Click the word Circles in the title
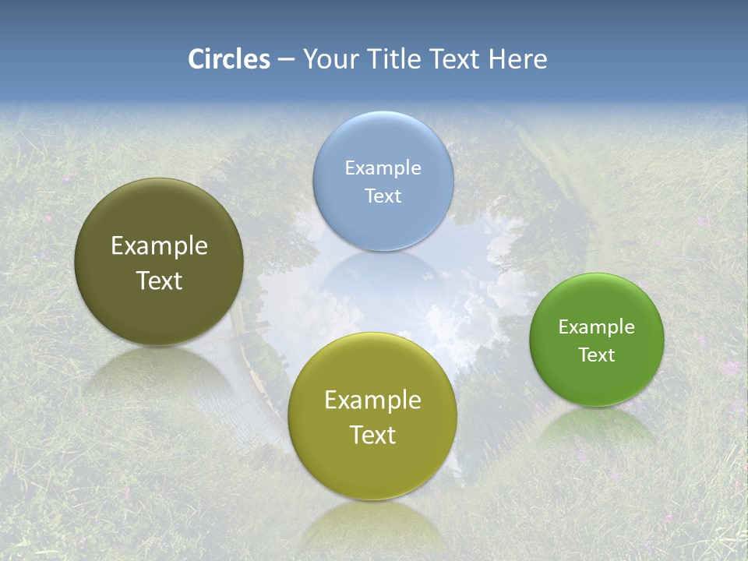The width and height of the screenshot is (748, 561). (x=229, y=59)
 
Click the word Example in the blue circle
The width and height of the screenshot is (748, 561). (x=383, y=168)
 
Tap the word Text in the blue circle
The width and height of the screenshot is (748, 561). (x=383, y=196)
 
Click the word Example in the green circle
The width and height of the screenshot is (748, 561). (x=596, y=326)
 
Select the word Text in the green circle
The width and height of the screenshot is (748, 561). (x=596, y=355)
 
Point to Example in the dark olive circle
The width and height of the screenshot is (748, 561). (x=159, y=245)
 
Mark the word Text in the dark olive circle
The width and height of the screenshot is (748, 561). (x=159, y=280)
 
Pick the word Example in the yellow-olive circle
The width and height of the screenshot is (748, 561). (x=372, y=400)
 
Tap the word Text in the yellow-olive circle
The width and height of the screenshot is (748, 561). (x=372, y=435)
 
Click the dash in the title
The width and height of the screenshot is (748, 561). (x=286, y=60)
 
